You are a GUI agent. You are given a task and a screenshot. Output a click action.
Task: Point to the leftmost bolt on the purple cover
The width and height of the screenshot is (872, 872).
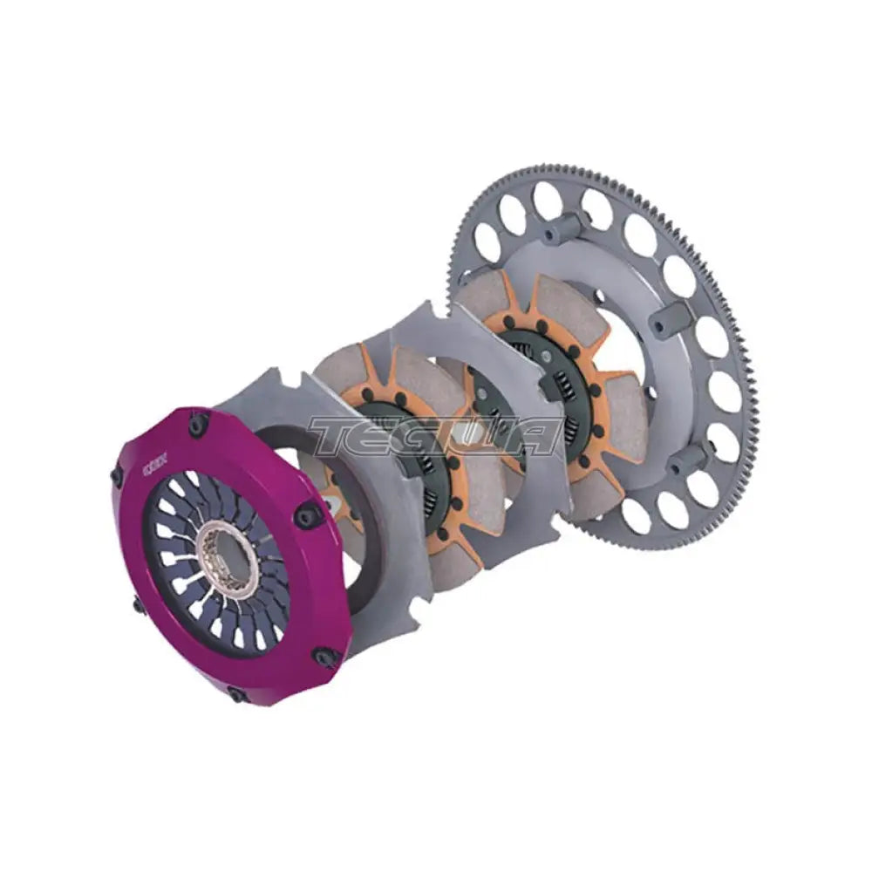click(x=117, y=477)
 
